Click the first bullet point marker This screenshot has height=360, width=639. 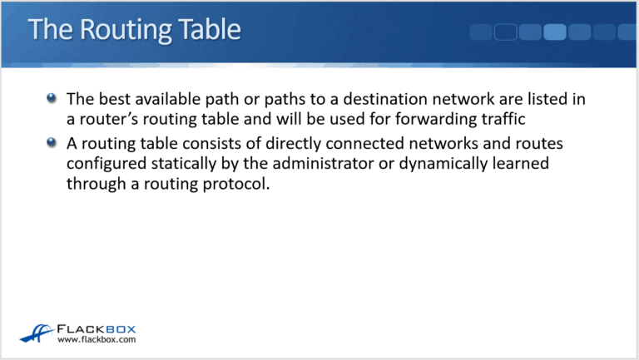point(52,98)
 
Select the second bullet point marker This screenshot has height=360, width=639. point(52,141)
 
